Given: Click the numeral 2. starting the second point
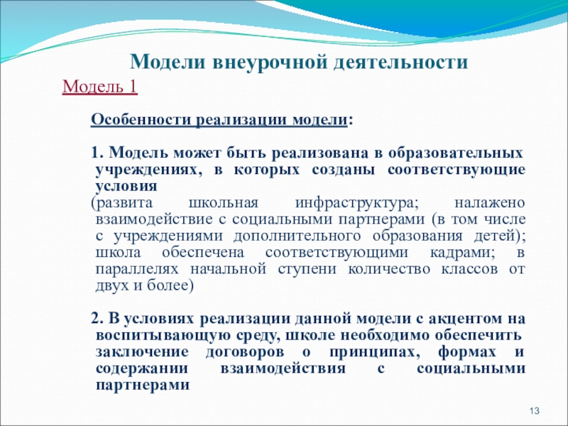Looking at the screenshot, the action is tap(100, 318).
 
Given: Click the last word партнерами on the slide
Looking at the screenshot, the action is tap(141, 385).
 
